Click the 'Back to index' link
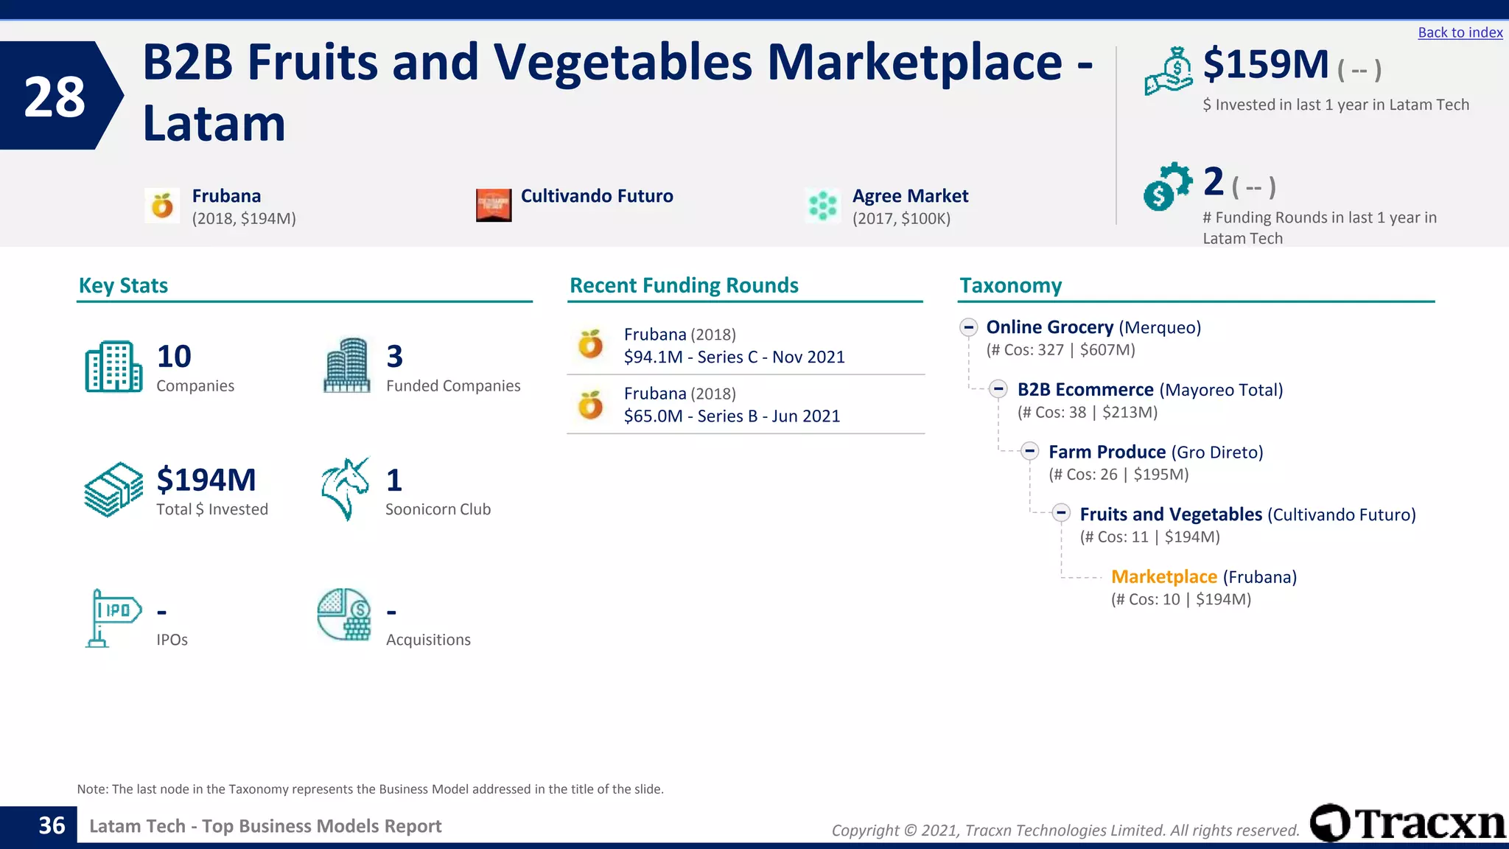coord(1460,32)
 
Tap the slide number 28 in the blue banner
coord(55,97)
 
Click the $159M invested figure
coord(1265,64)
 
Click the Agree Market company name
coord(910,196)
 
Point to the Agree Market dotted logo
coord(822,206)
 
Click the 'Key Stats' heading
coord(123,285)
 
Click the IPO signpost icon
coord(112,618)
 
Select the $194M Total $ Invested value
coord(206,480)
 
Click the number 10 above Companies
coord(174,357)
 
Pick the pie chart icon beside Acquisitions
coord(344,614)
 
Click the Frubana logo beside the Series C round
coord(591,344)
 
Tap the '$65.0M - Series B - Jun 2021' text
coord(732,416)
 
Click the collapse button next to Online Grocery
coord(969,327)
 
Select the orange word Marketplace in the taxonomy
coord(1163,576)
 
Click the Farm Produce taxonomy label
coord(1107,452)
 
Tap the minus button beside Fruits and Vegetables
coord(1061,513)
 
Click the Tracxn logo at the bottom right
coord(1407,822)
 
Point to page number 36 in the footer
coord(52,825)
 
